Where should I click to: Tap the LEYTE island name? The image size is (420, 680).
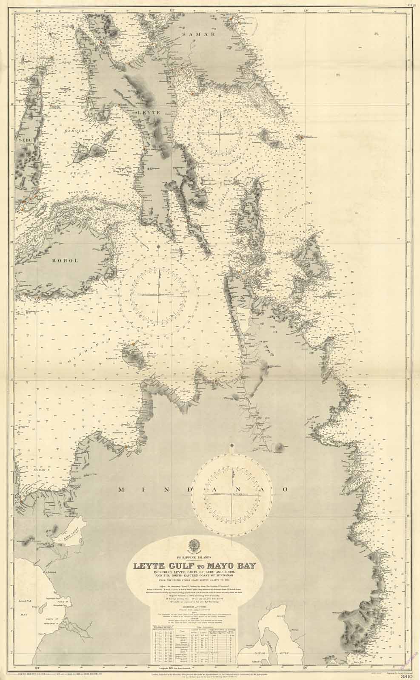pos(148,113)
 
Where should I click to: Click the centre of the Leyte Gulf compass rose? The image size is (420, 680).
pos(221,132)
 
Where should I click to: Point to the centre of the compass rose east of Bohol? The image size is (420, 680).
pos(158,294)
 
